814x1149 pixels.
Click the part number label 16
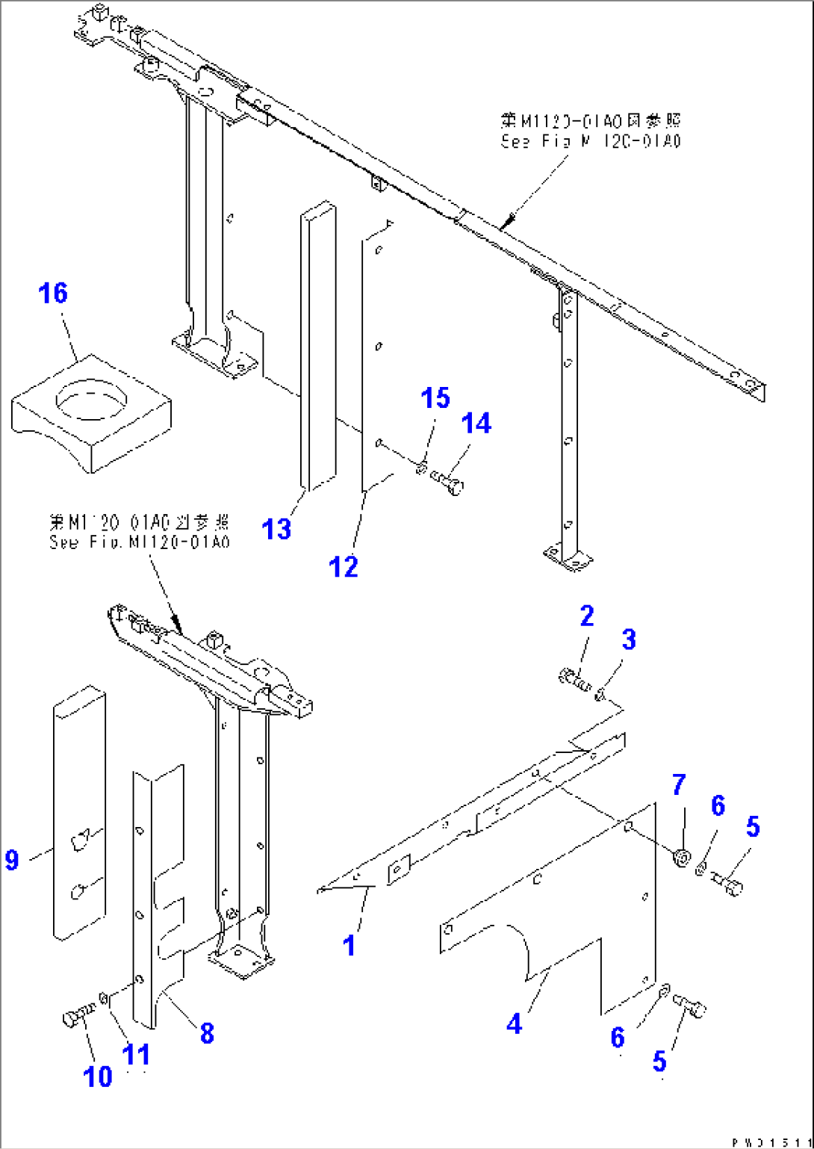pos(53,294)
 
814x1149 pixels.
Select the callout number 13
pos(276,529)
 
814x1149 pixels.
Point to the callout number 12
pos(343,567)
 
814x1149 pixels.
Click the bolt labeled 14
pos(449,480)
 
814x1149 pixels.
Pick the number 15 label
pos(435,398)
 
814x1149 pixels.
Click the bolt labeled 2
pos(574,679)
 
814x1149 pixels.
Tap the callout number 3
pos(629,639)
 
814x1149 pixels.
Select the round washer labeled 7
pos(680,858)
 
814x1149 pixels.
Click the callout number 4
pos(514,1023)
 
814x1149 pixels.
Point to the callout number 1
pos(349,946)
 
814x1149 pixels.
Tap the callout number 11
pos(136,1055)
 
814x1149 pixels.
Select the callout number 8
pos(207,1033)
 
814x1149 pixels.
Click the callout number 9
pos(11,859)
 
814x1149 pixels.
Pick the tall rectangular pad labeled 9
pos(78,811)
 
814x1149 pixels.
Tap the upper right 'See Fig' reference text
pos(590,131)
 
